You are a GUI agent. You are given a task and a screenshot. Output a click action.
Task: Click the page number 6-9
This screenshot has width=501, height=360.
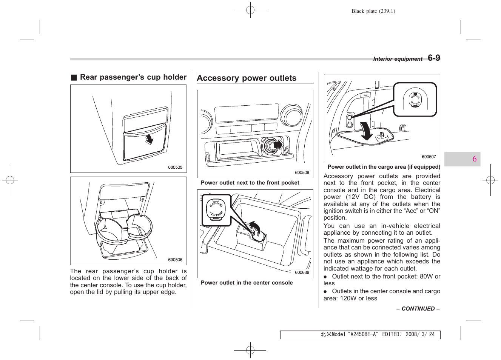pyautogui.click(x=434, y=58)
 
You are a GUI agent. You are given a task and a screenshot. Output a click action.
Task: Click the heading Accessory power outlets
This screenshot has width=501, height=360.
pyautogui.click(x=247, y=78)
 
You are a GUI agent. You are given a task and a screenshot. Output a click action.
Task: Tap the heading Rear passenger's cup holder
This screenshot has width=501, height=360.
pyautogui.click(x=133, y=77)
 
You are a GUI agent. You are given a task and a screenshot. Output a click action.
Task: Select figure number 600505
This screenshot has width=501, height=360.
pyautogui.click(x=175, y=167)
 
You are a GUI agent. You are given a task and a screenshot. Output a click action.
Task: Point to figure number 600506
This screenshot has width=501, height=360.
pyautogui.click(x=175, y=260)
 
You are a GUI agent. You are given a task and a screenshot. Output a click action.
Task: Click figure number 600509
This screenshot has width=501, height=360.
pyautogui.click(x=302, y=172)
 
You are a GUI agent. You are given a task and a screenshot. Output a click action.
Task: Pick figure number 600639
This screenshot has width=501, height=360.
pyautogui.click(x=302, y=272)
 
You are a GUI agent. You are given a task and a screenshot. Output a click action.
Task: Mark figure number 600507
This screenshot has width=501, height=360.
pyautogui.click(x=429, y=157)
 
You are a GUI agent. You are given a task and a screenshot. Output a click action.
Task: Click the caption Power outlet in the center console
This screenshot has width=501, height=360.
pyautogui.click(x=247, y=283)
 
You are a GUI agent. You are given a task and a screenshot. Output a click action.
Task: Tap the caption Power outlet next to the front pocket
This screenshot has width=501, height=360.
pyautogui.click(x=250, y=183)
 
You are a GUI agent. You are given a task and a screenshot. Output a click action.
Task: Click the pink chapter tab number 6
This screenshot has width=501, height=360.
pyautogui.click(x=474, y=159)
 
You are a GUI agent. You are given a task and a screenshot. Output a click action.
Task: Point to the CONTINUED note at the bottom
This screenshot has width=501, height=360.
pyautogui.click(x=418, y=309)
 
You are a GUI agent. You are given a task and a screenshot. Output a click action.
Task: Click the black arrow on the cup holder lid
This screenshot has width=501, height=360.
pyautogui.click(x=150, y=139)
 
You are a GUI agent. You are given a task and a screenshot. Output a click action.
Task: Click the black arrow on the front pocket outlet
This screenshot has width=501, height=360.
pyautogui.click(x=278, y=145)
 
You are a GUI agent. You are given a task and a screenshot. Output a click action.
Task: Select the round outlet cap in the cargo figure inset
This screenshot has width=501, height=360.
pyautogui.click(x=415, y=100)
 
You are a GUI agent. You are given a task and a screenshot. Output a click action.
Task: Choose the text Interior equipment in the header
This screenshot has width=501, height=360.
pyautogui.click(x=398, y=59)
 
